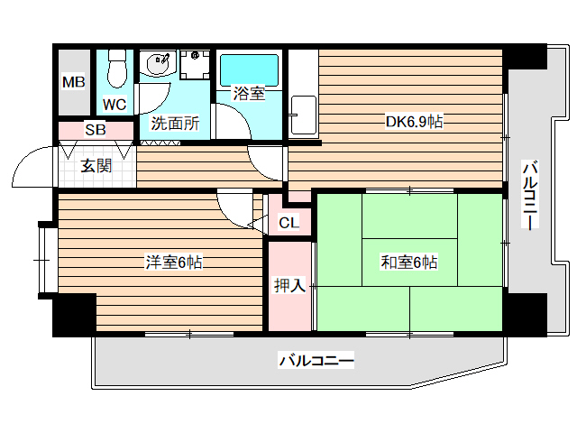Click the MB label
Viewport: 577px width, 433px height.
click(x=73, y=82)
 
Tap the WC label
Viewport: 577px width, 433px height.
click(x=114, y=104)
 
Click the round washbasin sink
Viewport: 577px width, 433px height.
click(x=158, y=64)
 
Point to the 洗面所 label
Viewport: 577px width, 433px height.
click(x=175, y=124)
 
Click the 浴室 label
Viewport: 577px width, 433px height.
click(x=249, y=93)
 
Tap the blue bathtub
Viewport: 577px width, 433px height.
click(x=249, y=69)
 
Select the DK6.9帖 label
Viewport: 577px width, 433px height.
click(x=414, y=121)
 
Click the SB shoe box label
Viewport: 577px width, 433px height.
click(x=96, y=130)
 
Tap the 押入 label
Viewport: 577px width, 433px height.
click(x=289, y=287)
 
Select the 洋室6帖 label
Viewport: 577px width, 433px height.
click(x=174, y=263)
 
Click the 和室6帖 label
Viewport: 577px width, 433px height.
click(x=408, y=263)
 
